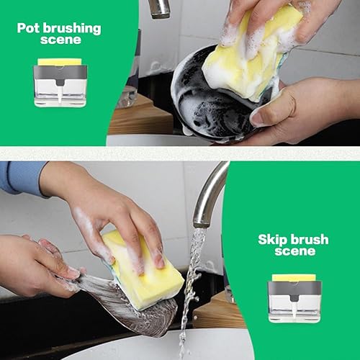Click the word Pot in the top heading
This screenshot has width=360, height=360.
pyautogui.click(x=30, y=29)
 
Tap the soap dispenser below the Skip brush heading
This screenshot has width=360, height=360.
pyautogui.click(x=294, y=297)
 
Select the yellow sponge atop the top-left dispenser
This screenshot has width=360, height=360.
pyautogui.click(x=60, y=62)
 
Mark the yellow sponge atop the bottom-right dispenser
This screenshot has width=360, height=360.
pyautogui.click(x=294, y=277)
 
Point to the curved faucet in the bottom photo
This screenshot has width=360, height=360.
pyautogui.click(x=209, y=191)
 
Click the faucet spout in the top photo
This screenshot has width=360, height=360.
pyautogui.click(x=160, y=8)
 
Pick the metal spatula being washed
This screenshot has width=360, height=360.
pyautogui.click(x=130, y=306)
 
